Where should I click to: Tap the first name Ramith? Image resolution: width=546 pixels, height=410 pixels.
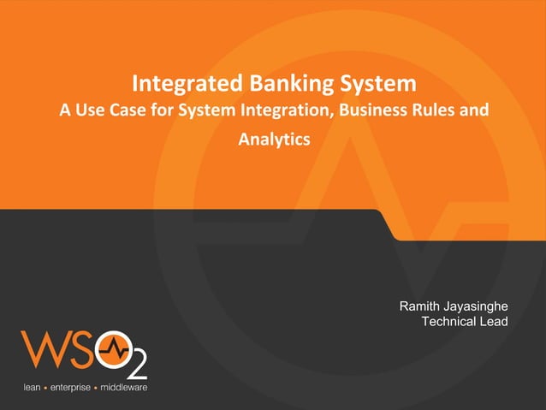point(422,306)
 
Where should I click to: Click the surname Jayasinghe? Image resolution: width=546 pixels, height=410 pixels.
point(478,306)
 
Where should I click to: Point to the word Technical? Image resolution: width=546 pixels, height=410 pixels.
point(452,321)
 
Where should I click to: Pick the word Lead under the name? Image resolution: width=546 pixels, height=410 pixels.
point(496,321)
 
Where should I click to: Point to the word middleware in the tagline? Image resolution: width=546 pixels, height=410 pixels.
point(124,388)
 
